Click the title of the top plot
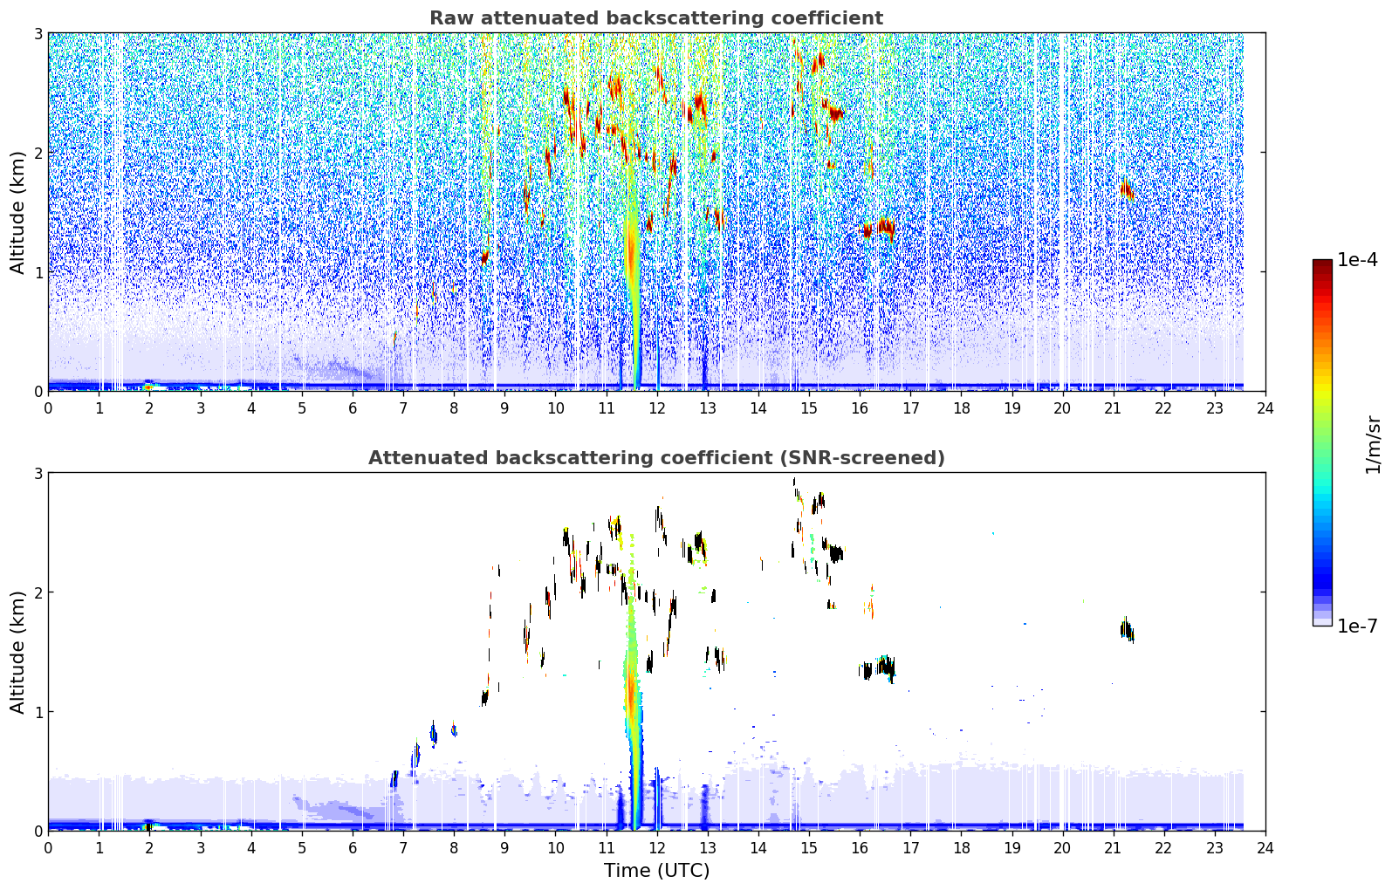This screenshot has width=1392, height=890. pyautogui.click(x=656, y=18)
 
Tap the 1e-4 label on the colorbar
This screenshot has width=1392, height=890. pyautogui.click(x=1357, y=260)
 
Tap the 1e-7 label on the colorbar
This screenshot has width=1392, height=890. pyautogui.click(x=1357, y=626)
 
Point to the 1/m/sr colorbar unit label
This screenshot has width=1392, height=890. pyautogui.click(x=1373, y=446)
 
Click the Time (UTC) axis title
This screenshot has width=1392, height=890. pyautogui.click(x=656, y=871)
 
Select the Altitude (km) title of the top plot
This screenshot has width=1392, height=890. pyautogui.click(x=17, y=213)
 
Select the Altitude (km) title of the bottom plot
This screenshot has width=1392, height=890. pyautogui.click(x=17, y=653)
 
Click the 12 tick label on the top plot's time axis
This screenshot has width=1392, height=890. pyautogui.click(x=657, y=408)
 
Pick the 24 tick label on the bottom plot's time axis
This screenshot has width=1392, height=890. pyautogui.click(x=1265, y=848)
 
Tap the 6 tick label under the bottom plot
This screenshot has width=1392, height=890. pyautogui.click(x=353, y=848)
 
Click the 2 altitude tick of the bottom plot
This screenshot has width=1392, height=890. pyautogui.click(x=38, y=593)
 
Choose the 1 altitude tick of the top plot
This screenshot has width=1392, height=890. pyautogui.click(x=38, y=272)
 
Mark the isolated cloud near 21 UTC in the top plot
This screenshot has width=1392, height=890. pyautogui.click(x=1127, y=189)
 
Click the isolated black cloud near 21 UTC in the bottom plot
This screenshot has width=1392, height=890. pyautogui.click(x=1127, y=630)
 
